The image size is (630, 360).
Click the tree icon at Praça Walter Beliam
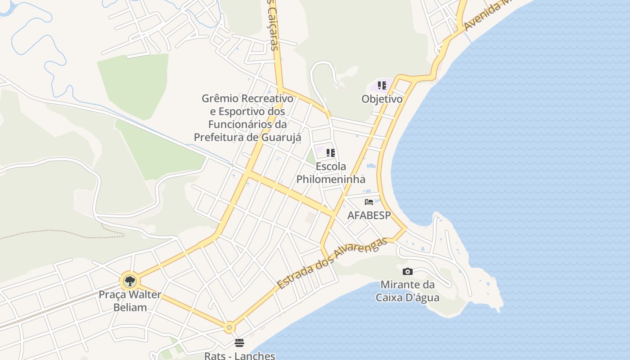click(x=130, y=282)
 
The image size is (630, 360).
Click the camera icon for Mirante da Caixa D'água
click(x=408, y=271)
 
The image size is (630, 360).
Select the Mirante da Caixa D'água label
click(x=408, y=291)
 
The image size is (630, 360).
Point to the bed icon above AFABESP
click(x=369, y=202)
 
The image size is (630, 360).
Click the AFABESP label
click(x=369, y=216)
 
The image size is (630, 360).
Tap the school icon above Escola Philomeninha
click(x=331, y=153)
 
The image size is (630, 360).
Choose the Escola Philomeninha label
click(x=331, y=173)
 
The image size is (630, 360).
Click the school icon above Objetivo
click(x=382, y=85)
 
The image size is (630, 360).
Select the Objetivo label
click(x=382, y=99)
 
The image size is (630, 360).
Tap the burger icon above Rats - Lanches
click(x=239, y=343)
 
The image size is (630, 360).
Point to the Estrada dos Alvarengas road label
click(x=332, y=264)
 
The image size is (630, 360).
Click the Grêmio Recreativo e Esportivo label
click(x=247, y=117)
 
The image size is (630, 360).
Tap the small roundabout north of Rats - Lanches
click(x=229, y=327)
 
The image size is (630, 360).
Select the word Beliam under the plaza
click(x=130, y=308)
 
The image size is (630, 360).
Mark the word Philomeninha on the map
click(x=331, y=179)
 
